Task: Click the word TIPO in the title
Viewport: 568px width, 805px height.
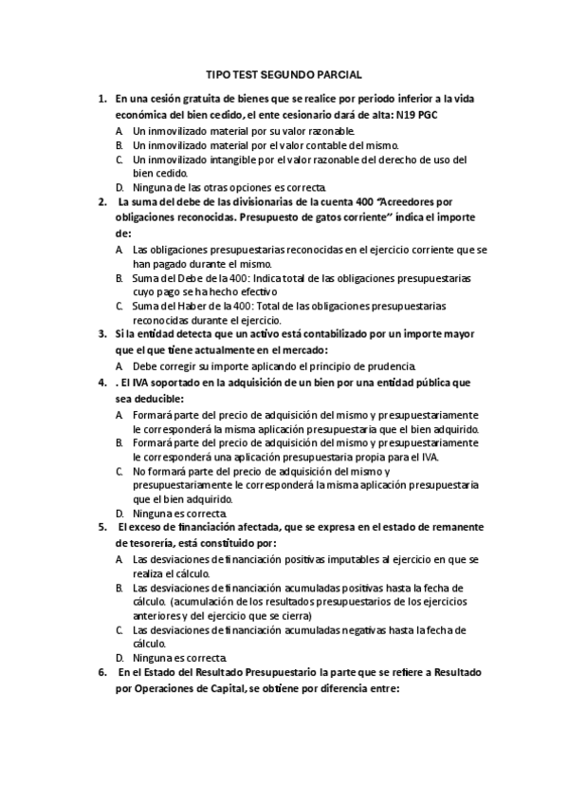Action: click(x=218, y=74)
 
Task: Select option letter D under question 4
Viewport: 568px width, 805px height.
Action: click(x=120, y=514)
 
